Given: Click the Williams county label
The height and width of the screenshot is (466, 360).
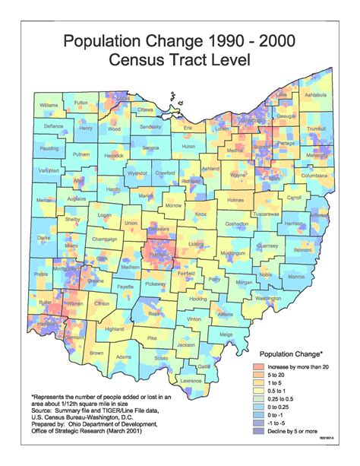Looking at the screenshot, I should (x=49, y=105).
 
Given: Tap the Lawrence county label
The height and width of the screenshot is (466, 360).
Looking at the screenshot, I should (x=191, y=380).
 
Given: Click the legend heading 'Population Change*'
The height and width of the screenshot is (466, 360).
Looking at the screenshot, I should (x=292, y=353).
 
